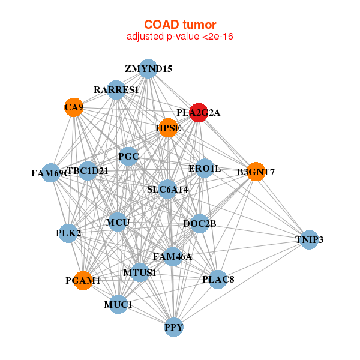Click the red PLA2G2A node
pos(199,112)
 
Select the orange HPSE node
pos(167,127)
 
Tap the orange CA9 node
pos(74,107)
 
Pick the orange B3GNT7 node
pos(256,172)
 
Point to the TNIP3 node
pos(309,239)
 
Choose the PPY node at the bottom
pos(174,328)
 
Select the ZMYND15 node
pos(148,68)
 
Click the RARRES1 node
pos(116,90)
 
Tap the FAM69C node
pos(51,173)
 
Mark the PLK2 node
pos(68,233)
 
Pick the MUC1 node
pos(118,305)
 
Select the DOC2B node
pos(200,224)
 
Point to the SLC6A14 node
pos(168,189)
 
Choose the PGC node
pos(129,157)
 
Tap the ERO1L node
pos(205,169)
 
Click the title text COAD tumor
pos(179,24)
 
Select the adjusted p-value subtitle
pos(179,37)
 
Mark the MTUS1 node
pos(140,272)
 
